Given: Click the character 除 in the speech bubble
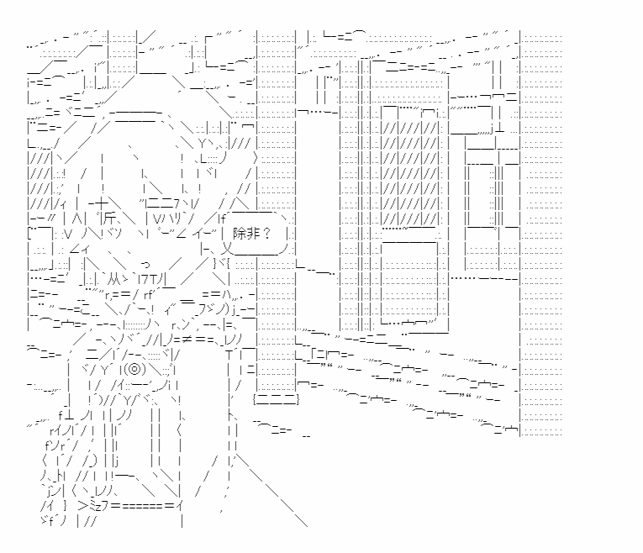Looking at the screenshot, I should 245,234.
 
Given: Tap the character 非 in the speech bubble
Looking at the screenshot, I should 259,234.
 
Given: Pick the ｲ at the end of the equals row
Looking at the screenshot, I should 181,506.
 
